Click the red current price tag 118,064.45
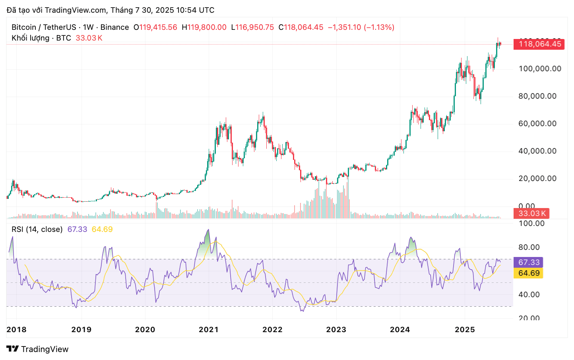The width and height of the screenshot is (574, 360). [539, 44]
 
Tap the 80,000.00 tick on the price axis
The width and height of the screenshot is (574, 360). [537, 96]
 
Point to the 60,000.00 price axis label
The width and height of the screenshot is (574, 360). [537, 124]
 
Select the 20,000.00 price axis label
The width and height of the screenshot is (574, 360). [537, 179]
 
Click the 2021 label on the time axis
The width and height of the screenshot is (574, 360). [209, 330]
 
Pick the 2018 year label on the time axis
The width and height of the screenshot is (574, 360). [17, 330]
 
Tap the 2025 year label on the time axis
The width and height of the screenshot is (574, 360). [465, 330]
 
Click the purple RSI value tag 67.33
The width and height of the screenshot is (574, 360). [529, 263]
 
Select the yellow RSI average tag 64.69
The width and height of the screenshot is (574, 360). [529, 273]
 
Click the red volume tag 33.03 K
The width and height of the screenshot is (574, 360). [532, 214]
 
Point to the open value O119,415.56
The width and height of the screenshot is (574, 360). [155, 27]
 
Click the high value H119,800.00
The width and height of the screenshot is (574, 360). [204, 27]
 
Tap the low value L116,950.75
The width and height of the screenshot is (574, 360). [252, 27]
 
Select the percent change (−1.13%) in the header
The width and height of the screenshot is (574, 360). [379, 27]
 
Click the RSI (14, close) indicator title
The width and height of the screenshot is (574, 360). [37, 230]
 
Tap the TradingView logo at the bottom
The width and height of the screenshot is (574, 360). [38, 349]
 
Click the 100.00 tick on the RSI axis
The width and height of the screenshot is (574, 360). [531, 224]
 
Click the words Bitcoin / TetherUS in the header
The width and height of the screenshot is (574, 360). [44, 27]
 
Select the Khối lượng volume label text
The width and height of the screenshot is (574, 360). [31, 38]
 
